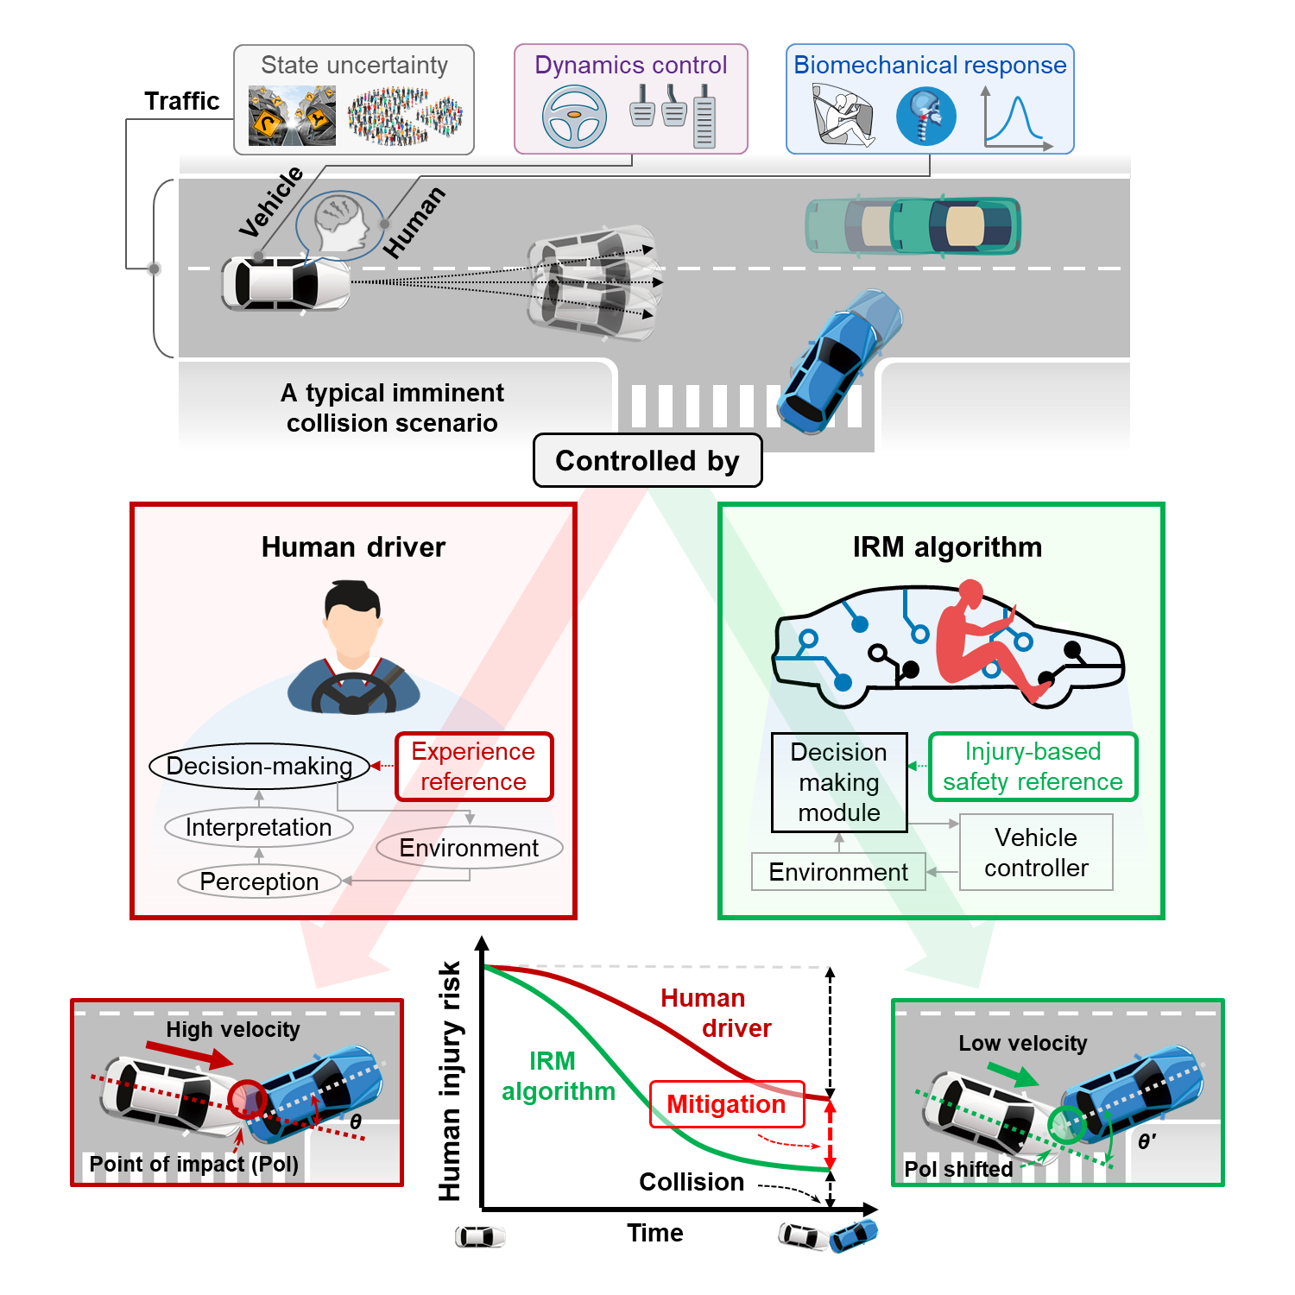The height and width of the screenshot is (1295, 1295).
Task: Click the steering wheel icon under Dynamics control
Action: [574, 117]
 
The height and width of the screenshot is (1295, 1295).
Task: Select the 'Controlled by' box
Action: [647, 461]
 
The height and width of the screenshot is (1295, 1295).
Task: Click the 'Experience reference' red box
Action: [474, 767]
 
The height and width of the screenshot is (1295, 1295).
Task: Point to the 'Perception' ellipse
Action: [259, 881]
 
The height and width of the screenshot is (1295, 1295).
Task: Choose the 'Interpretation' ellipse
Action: [259, 827]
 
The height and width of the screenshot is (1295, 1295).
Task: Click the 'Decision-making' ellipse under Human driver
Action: [259, 766]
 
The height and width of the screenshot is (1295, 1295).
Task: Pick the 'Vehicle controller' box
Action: [1036, 852]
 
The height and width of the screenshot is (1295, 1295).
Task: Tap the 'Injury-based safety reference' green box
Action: [1033, 767]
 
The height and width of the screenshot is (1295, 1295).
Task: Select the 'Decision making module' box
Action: [839, 782]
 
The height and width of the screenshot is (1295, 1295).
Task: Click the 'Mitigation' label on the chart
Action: [726, 1104]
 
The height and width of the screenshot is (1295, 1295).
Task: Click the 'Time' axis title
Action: [655, 1233]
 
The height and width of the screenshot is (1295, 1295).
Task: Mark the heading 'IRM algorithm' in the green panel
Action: [947, 547]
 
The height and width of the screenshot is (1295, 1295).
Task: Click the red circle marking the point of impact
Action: [247, 1099]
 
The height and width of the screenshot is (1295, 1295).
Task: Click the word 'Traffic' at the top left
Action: [182, 101]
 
